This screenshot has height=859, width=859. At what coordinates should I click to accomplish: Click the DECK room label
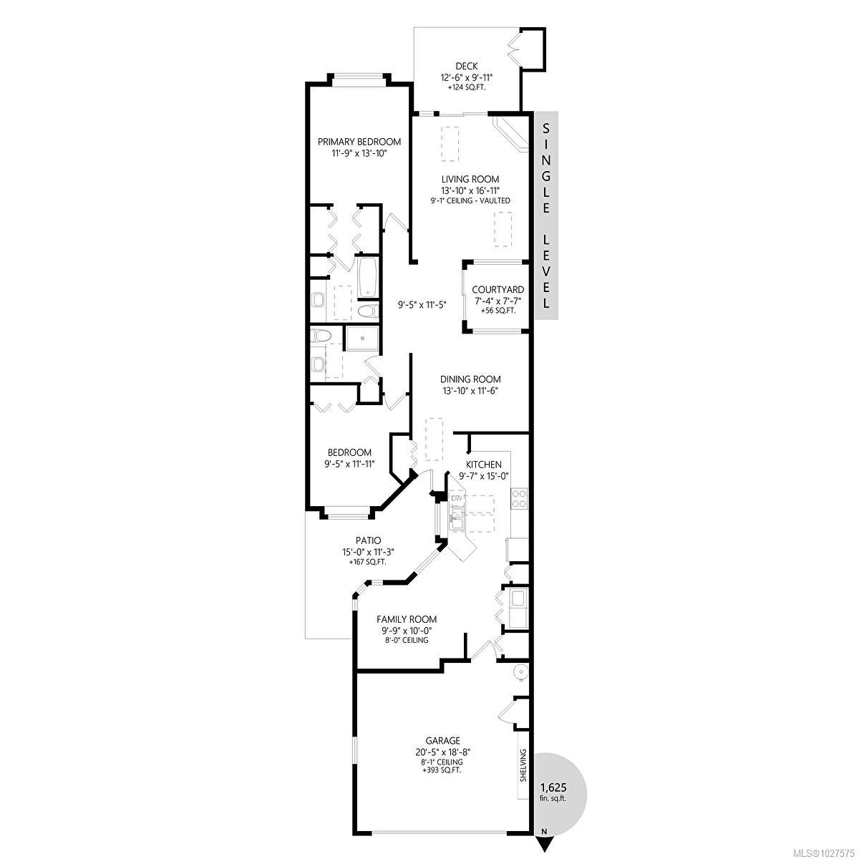tap(466, 67)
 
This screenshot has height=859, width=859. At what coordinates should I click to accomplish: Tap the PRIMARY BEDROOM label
tap(359, 142)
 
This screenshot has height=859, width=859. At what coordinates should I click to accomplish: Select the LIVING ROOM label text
tap(470, 179)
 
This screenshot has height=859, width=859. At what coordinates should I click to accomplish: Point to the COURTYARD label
tap(498, 290)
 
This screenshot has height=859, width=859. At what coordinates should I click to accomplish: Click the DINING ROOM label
tap(470, 379)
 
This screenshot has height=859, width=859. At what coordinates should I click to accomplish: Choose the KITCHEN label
tap(483, 465)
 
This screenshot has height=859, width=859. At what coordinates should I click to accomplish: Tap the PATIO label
tap(369, 540)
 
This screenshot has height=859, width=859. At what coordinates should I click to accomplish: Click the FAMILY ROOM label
tap(407, 619)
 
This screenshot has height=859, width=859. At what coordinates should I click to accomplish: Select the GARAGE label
tap(442, 741)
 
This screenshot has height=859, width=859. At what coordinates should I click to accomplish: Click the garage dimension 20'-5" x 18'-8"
tap(442, 752)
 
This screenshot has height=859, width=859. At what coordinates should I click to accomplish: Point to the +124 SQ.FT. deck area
tap(466, 87)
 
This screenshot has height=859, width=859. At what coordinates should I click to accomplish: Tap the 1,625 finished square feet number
tap(553, 786)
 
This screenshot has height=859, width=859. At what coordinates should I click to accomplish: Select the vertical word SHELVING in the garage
tap(523, 766)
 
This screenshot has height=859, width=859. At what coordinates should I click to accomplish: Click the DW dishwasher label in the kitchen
tap(457, 497)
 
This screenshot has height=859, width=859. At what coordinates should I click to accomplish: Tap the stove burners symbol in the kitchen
tap(518, 498)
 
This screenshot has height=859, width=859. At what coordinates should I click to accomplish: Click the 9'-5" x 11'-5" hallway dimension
tap(422, 305)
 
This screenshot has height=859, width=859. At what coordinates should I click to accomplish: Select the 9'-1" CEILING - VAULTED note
tap(470, 201)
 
